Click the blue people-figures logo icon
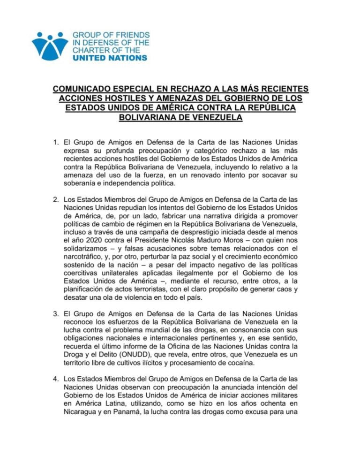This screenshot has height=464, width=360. pos(50,46)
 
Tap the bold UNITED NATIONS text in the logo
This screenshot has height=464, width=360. pos(110,58)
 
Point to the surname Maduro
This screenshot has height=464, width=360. pos(206,245)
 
